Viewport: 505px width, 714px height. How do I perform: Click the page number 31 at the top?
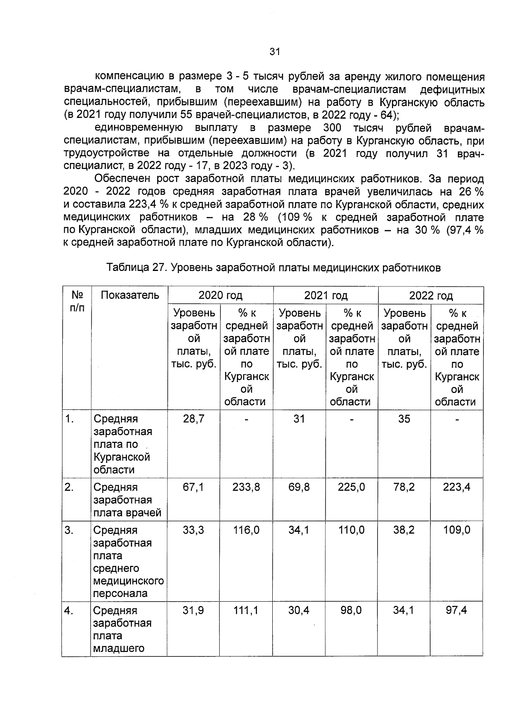click(x=274, y=52)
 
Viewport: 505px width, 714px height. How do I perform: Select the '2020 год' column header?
click(x=220, y=295)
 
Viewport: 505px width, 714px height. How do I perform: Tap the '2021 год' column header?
click(x=326, y=295)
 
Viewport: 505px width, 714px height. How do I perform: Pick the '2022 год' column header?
click(x=431, y=295)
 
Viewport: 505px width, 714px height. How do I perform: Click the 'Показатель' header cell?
click(x=130, y=295)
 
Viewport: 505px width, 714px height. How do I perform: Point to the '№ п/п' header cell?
click(x=77, y=301)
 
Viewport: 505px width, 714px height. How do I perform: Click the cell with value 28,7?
click(x=193, y=419)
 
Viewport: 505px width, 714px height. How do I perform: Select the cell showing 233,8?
click(x=246, y=487)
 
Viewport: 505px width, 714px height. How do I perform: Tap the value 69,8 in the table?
click(x=299, y=487)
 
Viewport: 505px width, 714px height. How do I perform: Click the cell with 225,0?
click(x=351, y=487)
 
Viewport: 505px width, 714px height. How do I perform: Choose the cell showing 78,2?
click(x=404, y=487)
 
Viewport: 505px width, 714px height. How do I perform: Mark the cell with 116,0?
click(x=246, y=530)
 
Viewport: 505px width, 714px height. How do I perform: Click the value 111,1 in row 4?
click(x=246, y=610)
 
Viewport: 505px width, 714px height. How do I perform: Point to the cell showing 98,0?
click(x=351, y=610)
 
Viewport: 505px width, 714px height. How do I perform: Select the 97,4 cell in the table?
click(x=457, y=610)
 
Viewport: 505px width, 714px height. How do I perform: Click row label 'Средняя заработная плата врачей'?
click(x=127, y=500)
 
